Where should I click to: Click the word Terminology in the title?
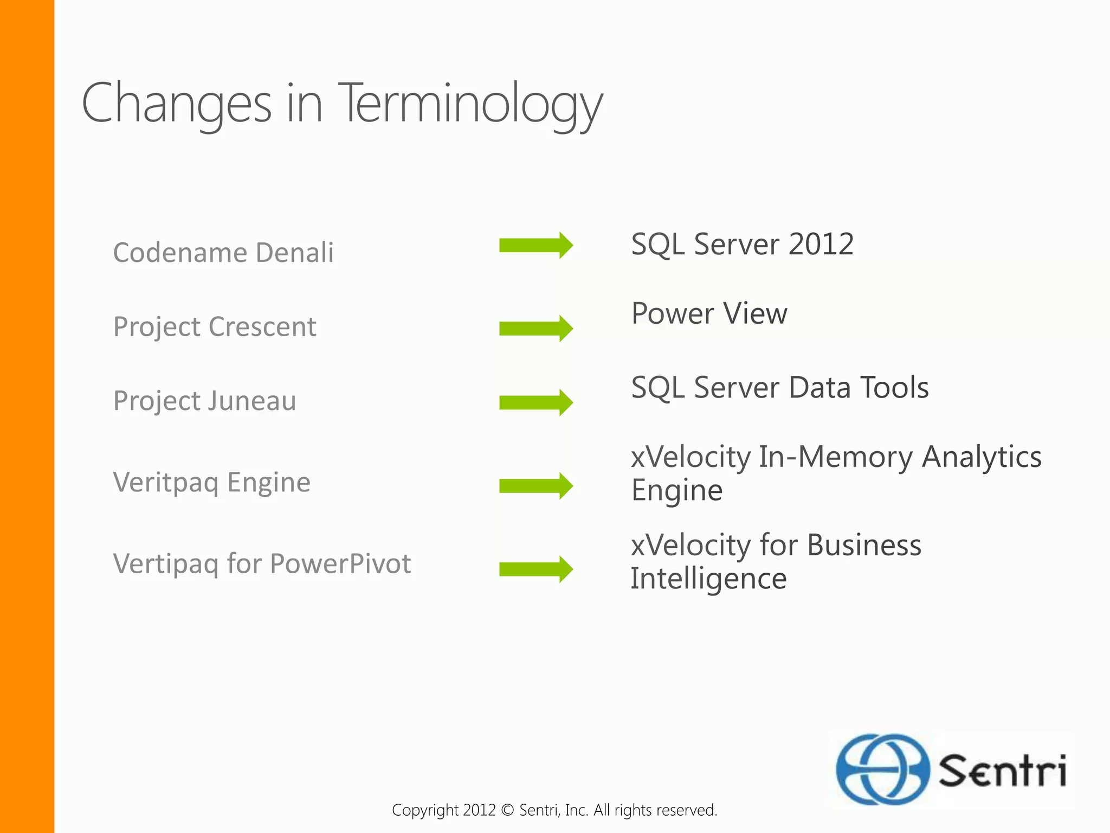(x=470, y=103)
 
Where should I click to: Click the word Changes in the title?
(x=177, y=103)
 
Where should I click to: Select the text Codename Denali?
(x=223, y=253)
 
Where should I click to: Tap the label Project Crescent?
(x=215, y=327)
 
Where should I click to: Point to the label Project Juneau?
(x=204, y=401)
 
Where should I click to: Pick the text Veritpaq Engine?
(x=211, y=483)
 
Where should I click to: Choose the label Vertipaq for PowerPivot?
(x=262, y=564)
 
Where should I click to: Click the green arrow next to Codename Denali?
(x=535, y=245)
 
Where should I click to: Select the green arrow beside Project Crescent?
(x=535, y=328)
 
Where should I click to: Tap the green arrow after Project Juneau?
(x=535, y=402)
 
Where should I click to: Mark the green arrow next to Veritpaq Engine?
(x=535, y=485)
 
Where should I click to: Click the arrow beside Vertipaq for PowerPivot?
(x=535, y=569)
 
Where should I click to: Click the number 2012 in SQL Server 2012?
(x=821, y=244)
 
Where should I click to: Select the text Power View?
(x=709, y=313)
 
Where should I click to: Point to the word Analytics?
(x=982, y=457)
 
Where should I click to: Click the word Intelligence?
(x=708, y=579)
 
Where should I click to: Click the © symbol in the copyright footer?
(x=507, y=810)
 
